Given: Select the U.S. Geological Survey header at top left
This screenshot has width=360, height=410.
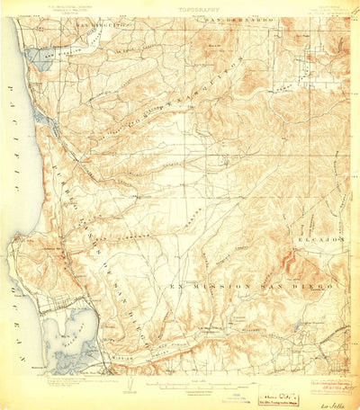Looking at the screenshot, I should [56, 11].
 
